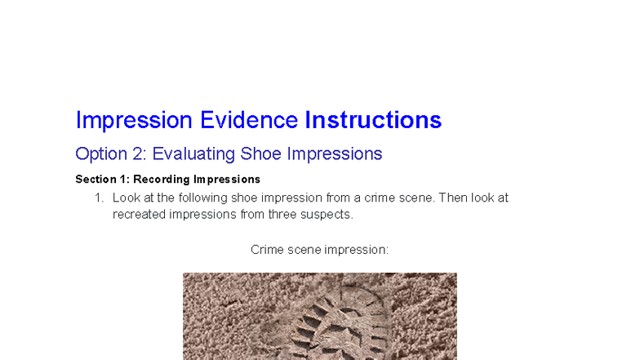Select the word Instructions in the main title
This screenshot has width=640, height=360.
[373, 120]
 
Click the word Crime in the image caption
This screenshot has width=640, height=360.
[267, 249]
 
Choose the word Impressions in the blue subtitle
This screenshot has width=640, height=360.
[334, 153]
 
